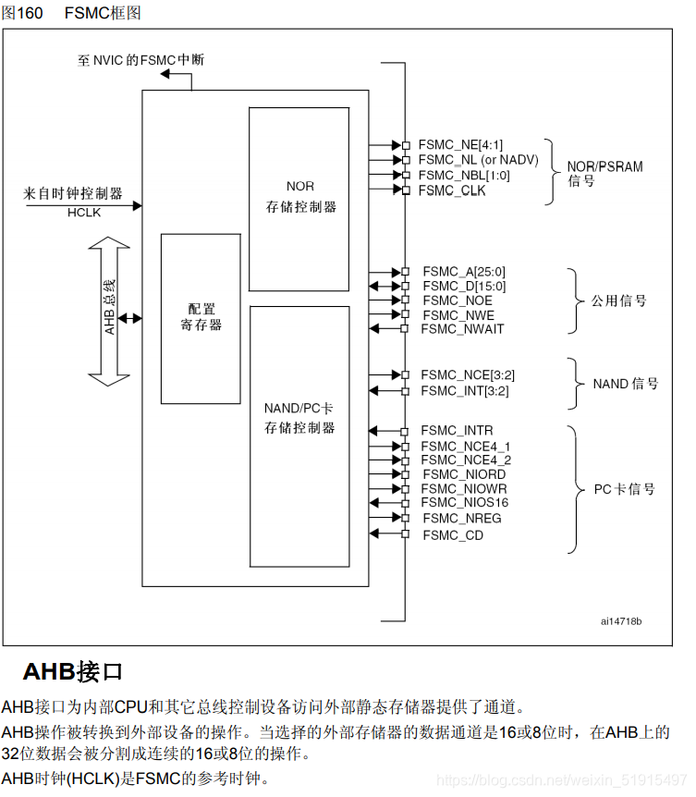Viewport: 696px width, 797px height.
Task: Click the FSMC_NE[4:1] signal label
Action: [x=460, y=145]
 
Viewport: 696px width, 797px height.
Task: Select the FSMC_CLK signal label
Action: [x=452, y=190]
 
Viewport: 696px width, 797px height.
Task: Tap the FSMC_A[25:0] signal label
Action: [x=464, y=272]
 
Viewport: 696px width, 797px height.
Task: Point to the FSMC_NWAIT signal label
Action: [x=463, y=329]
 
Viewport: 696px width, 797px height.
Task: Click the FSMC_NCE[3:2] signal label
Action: [x=468, y=374]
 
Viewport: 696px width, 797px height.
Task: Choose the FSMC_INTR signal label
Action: [x=457, y=431]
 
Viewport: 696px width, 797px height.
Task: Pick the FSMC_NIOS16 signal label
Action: [x=464, y=502]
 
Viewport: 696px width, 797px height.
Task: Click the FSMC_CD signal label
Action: [x=453, y=535]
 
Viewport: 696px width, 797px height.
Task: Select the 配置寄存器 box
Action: [x=201, y=318]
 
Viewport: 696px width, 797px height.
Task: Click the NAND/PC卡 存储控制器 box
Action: [x=299, y=435]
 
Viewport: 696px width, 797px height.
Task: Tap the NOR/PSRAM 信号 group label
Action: [x=604, y=174]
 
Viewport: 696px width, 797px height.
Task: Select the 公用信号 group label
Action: [x=618, y=300]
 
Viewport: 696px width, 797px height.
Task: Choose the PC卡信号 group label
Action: [x=623, y=488]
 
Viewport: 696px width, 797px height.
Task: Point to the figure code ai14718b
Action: [x=620, y=620]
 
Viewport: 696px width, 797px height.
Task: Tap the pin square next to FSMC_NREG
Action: [x=405, y=519]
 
